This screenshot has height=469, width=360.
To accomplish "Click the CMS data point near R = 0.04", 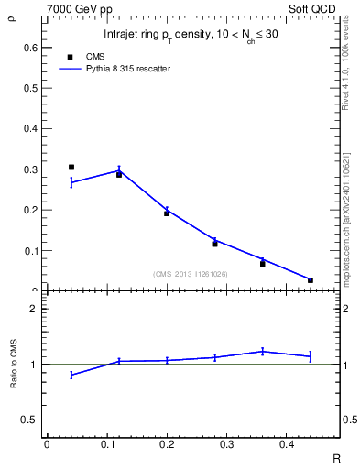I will point(71,167).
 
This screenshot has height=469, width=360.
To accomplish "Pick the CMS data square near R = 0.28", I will point(214,244).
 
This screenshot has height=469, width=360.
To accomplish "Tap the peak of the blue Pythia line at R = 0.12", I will point(119,170).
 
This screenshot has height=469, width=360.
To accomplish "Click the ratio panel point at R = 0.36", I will point(263,351).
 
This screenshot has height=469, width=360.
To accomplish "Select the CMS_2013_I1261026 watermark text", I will point(191,273).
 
